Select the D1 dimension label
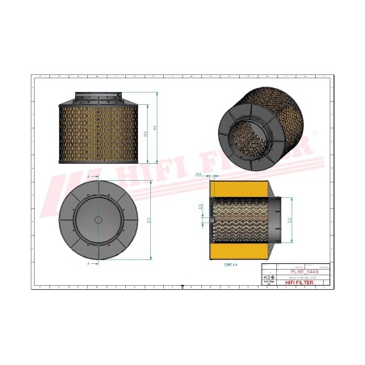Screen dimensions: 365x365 coord(149,219)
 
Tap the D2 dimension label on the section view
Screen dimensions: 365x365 coord(291,219)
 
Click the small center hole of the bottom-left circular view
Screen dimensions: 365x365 coord(98,219)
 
